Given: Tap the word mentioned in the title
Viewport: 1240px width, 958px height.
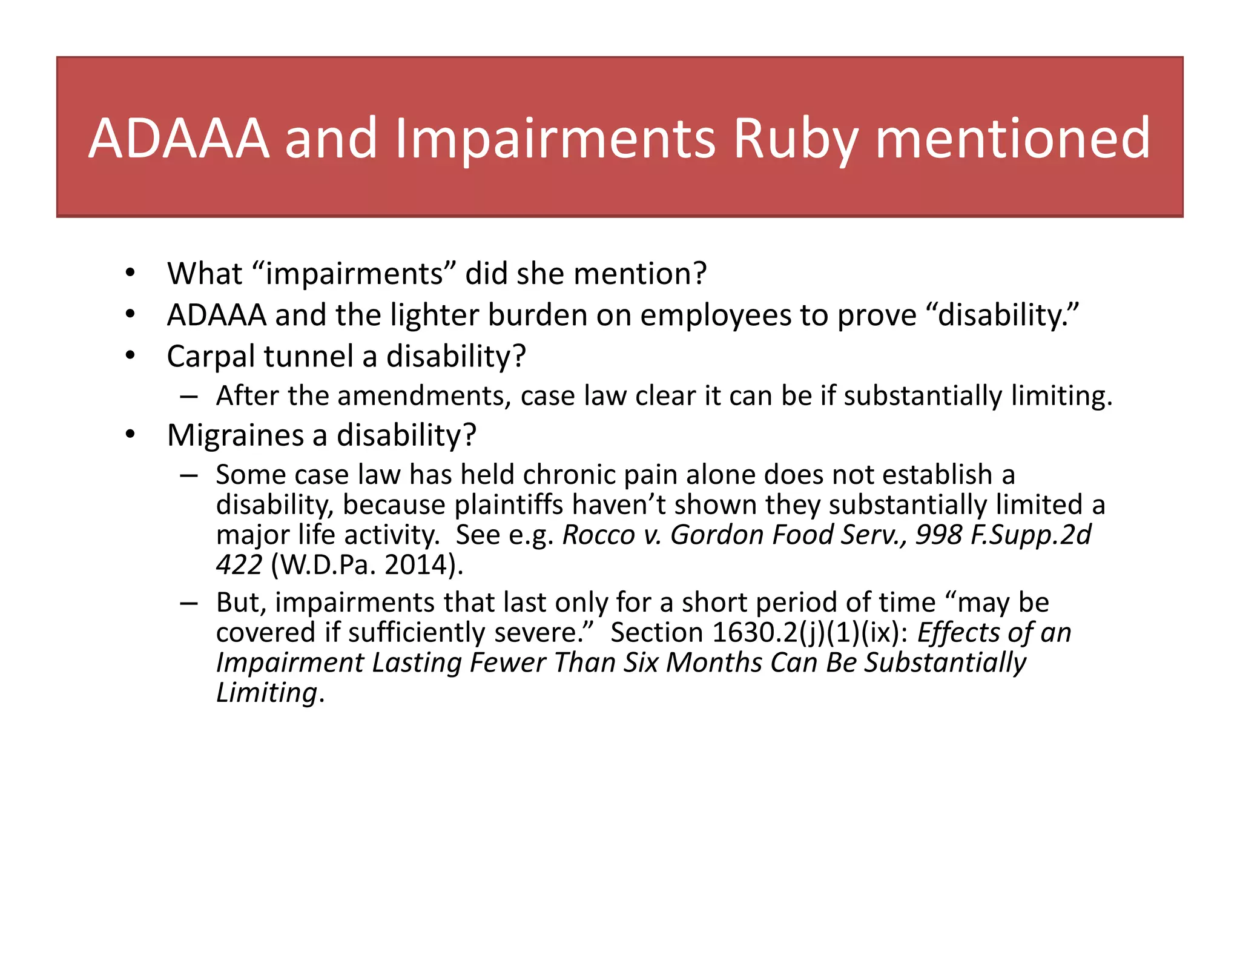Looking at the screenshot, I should pos(1012,139).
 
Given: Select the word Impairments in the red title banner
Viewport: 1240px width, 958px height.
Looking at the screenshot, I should pos(555,139).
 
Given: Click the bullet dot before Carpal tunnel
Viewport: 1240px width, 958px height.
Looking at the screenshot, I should pos(130,355).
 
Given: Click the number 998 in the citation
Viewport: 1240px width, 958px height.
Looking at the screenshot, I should pos(938,535).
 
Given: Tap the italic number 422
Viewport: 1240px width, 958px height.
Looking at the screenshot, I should pos(239,565).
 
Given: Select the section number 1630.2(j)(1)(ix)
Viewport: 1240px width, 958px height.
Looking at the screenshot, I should pos(810,633).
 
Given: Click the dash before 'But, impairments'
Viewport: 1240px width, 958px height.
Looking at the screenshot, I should pos(188,603).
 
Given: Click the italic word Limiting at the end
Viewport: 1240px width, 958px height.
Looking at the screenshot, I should pos(266,693).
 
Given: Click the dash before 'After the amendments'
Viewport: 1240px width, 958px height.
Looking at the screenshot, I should pos(188,397).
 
